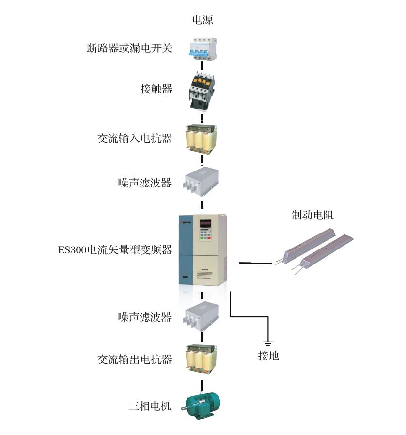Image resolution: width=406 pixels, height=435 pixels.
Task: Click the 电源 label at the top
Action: pyautogui.click(x=203, y=20)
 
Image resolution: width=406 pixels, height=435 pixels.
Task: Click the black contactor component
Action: pyautogui.click(x=202, y=90)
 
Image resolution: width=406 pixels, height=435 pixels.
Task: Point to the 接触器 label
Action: pyautogui.click(x=156, y=89)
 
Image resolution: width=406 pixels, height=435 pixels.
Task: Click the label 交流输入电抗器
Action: pyautogui.click(x=135, y=139)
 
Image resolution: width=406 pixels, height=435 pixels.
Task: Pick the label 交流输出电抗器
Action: pyautogui.click(x=135, y=359)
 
